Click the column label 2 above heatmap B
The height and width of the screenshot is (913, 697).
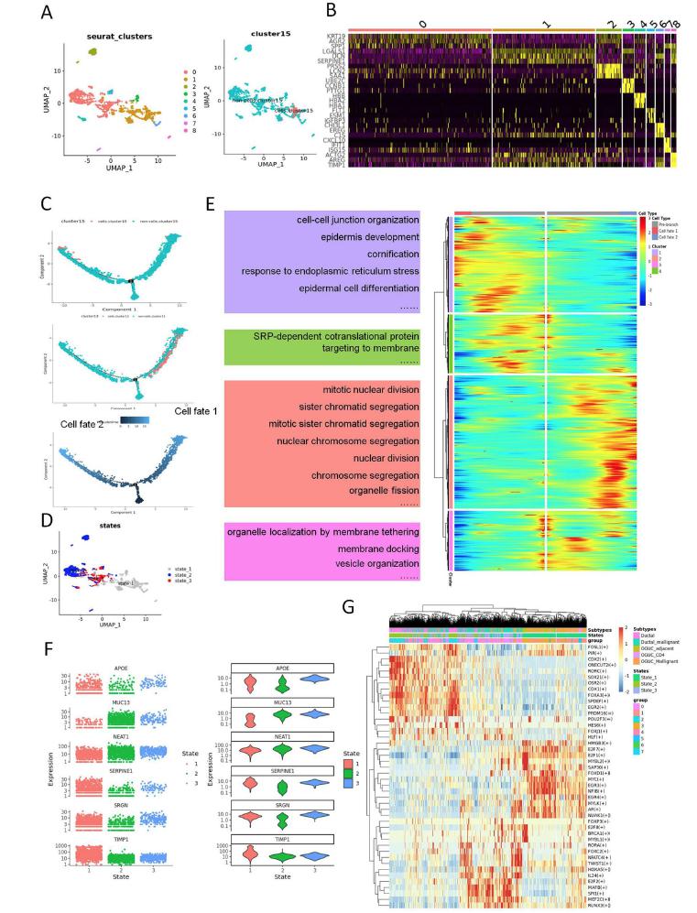coord(608,17)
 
